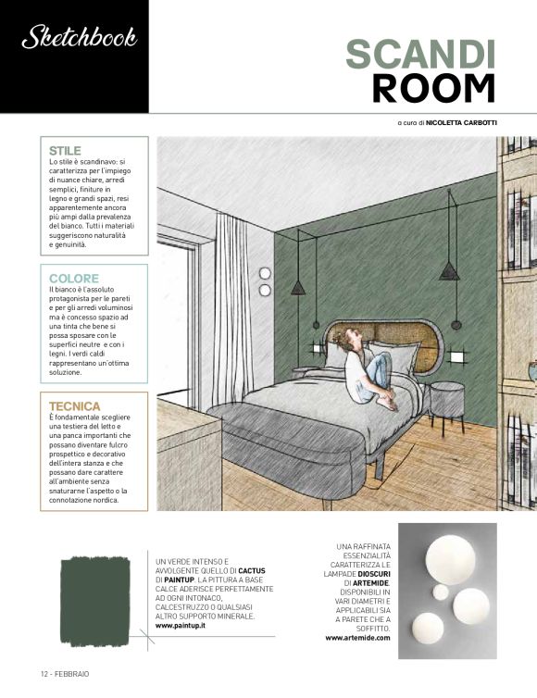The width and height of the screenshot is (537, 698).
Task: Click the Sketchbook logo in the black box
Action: [79, 37]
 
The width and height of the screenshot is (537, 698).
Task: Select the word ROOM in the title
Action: [433, 89]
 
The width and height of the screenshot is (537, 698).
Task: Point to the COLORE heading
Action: [73, 278]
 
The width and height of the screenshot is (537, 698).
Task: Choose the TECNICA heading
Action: [75, 405]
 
